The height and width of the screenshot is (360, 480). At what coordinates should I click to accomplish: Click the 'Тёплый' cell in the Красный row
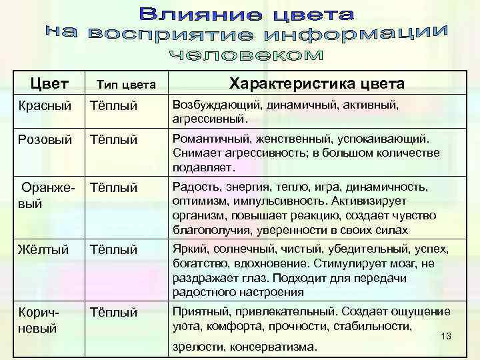[x=113, y=106]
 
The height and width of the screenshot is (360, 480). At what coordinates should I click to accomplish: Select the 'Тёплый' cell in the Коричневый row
[x=113, y=312]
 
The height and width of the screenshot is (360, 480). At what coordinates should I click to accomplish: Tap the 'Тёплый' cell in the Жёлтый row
[x=113, y=250]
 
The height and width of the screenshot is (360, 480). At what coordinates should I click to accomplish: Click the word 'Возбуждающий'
[x=211, y=105]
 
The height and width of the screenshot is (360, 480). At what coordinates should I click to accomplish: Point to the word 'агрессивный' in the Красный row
[x=209, y=119]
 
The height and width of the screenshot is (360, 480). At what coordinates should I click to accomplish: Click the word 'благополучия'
[x=209, y=230]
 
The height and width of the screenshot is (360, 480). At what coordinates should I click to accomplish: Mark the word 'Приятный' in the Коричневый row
[x=199, y=311]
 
